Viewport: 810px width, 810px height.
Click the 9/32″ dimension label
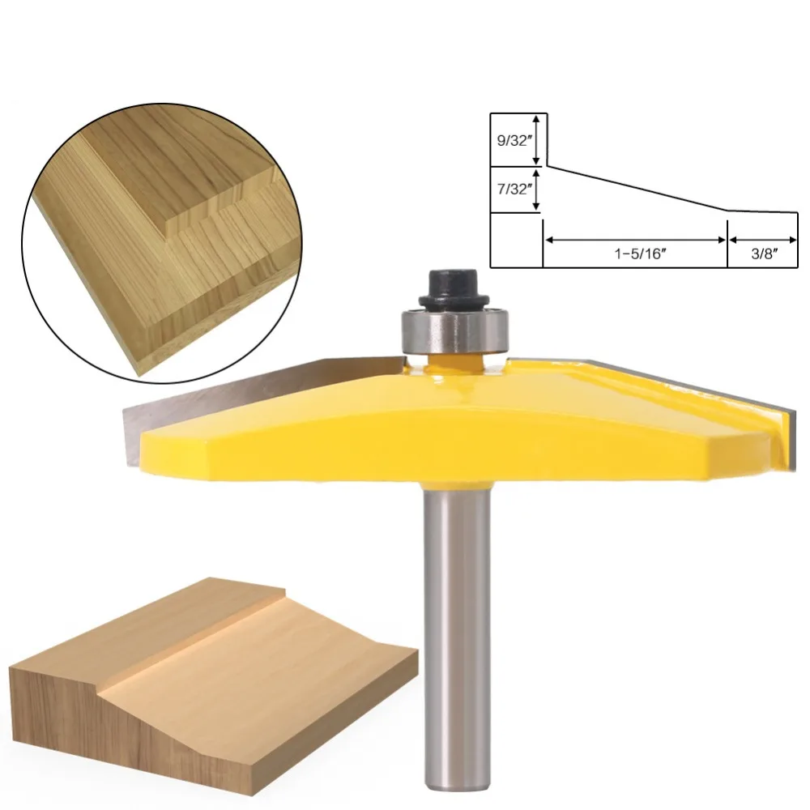click(x=513, y=140)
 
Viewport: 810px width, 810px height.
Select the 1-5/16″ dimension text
click(x=640, y=254)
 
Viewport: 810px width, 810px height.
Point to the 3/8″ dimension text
click(x=764, y=254)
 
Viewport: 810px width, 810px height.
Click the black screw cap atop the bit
click(x=454, y=290)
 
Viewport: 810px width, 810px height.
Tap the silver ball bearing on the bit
click(x=455, y=330)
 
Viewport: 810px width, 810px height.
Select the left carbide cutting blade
click(x=258, y=398)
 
